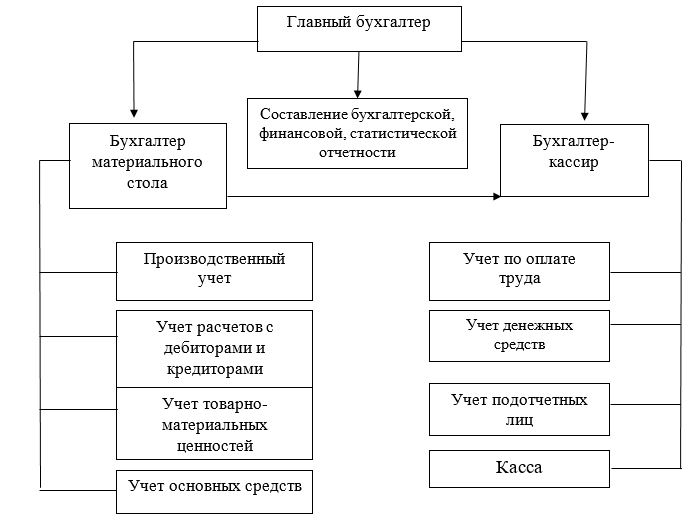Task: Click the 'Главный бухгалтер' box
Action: click(359, 29)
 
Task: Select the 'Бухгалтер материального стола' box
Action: click(148, 166)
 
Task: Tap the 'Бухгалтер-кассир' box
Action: click(574, 160)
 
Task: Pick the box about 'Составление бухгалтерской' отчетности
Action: click(357, 134)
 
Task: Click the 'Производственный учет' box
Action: click(214, 271)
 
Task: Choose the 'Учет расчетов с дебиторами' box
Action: click(214, 349)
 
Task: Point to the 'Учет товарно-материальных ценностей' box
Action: click(214, 423)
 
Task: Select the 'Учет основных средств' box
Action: click(214, 492)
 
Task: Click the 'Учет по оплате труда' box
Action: click(519, 271)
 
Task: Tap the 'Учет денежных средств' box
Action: click(519, 336)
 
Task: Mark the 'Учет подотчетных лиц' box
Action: click(519, 409)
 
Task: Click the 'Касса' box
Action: click(519, 469)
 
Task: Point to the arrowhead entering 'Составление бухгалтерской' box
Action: click(357, 94)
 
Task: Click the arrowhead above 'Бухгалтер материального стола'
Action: click(134, 113)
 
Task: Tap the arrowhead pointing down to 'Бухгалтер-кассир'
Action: click(585, 116)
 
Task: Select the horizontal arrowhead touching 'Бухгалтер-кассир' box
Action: click(496, 196)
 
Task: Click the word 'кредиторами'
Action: click(215, 369)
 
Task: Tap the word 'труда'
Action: click(519, 279)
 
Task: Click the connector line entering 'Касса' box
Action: click(646, 468)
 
